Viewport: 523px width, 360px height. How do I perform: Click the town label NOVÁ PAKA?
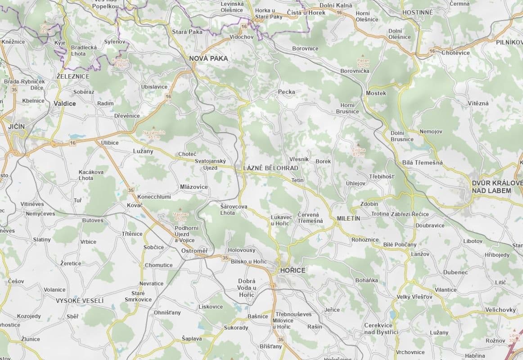click(208, 58)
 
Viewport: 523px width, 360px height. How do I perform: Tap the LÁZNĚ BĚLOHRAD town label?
click(271, 168)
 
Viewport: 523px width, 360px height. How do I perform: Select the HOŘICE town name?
click(292, 270)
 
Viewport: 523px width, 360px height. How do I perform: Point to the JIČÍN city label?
click(16, 126)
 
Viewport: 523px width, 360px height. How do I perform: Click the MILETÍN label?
click(349, 218)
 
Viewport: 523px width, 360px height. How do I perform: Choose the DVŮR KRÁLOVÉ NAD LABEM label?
click(496, 187)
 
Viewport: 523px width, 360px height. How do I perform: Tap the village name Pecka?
click(286, 92)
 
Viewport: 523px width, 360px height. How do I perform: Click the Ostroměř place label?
click(194, 250)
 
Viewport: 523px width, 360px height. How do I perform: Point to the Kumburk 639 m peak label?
click(121, 63)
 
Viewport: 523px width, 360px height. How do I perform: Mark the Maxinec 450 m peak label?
click(180, 216)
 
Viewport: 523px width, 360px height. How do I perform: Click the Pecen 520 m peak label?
click(363, 63)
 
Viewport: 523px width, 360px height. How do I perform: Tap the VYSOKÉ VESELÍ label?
click(80, 301)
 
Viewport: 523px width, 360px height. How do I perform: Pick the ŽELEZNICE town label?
click(73, 76)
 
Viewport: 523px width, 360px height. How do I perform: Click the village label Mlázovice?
click(194, 187)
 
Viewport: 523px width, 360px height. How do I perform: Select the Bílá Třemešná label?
click(423, 162)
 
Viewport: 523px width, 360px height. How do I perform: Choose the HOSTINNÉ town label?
click(417, 12)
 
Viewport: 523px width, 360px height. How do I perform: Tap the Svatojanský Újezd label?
click(210, 164)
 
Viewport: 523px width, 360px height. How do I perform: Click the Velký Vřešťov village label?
click(414, 297)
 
